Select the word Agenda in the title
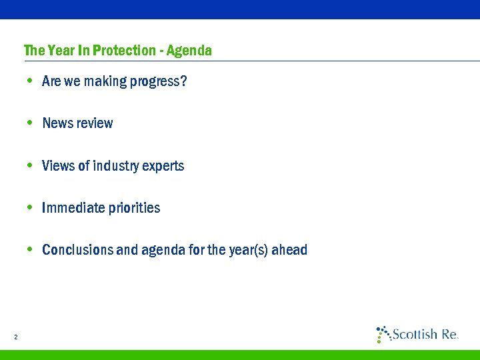tap(189, 51)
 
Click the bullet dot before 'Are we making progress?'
tap(30, 81)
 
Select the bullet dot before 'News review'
tap(30, 123)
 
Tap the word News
tap(57, 123)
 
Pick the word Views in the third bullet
tap(58, 165)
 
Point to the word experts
tap(165, 166)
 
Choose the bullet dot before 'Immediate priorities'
tap(30, 207)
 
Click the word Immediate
tap(71, 208)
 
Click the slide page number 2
tap(15, 337)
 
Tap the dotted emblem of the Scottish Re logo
tap(383, 333)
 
